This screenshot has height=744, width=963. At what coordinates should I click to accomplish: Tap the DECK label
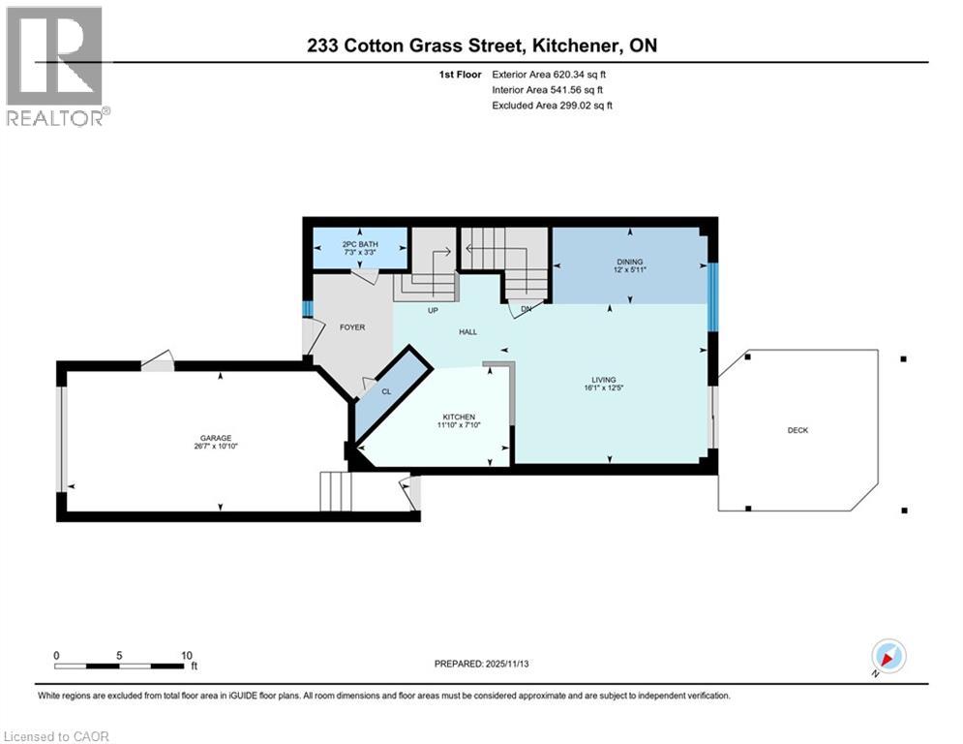point(797,430)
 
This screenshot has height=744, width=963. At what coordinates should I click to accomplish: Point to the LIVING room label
point(605,380)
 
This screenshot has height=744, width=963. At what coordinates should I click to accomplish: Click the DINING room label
point(630,262)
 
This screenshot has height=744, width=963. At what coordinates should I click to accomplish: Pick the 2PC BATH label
point(359,244)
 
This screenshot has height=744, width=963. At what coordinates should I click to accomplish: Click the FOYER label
point(352,327)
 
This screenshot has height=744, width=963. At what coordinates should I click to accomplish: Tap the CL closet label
point(385,391)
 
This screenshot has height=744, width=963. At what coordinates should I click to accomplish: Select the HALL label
point(467,332)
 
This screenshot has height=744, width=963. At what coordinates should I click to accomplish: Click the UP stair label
point(435,310)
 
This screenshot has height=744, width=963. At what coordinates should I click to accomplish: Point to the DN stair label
point(526,310)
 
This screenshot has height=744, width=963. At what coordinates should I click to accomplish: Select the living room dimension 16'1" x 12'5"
point(605,389)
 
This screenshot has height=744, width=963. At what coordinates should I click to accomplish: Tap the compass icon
point(888,656)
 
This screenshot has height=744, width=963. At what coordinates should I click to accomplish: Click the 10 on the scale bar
point(187,655)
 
